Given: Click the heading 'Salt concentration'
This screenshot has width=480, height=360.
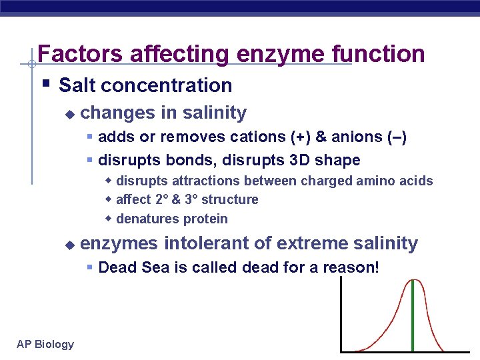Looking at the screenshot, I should click(145, 85).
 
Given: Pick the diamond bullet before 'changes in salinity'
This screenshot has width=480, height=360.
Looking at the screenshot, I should click(69, 114).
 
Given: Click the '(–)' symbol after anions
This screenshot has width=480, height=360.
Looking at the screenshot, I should click(397, 137).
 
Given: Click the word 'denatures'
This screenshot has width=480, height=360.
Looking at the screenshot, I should click(145, 219).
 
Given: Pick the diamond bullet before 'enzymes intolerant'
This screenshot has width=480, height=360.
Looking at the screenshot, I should click(69, 245).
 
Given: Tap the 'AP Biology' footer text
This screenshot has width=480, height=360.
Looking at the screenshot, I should click(45, 344).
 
